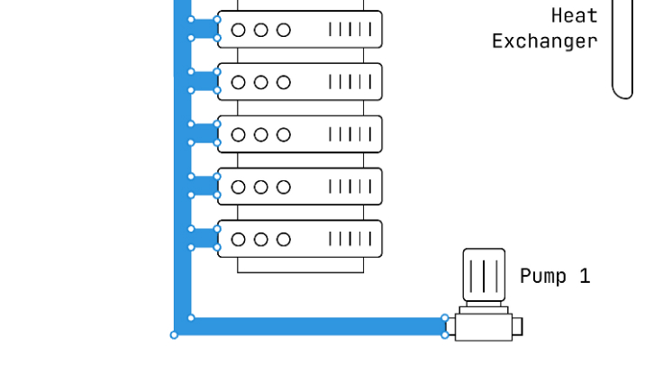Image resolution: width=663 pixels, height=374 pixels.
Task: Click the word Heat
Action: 574,16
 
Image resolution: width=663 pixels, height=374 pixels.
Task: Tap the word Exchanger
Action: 544,41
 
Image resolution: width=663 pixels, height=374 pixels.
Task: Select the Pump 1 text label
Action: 555,276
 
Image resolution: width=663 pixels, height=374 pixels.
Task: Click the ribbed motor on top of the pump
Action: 484,276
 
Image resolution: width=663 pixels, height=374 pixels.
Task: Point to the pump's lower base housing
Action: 483,326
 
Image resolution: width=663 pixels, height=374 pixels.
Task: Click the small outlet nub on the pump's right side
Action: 517,326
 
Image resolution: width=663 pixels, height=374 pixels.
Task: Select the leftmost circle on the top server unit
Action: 239,30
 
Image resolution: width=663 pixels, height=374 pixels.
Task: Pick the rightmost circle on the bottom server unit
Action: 284,239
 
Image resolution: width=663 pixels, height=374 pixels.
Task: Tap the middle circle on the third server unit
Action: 261,134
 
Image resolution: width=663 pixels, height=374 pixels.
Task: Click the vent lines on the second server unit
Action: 350,82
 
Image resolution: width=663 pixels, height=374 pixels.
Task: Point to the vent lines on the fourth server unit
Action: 350,187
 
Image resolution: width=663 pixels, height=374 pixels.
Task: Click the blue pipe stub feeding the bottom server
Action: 204,238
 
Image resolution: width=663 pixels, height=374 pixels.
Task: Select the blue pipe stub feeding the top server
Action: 204,29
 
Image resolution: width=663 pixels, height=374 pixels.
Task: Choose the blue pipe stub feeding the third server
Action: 204,133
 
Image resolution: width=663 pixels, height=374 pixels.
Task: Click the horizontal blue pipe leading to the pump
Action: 315,325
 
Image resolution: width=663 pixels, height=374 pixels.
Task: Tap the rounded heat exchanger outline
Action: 622,54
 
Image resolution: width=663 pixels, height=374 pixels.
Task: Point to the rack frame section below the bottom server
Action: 302,265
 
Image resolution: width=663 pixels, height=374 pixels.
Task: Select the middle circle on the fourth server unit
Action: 261,187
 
